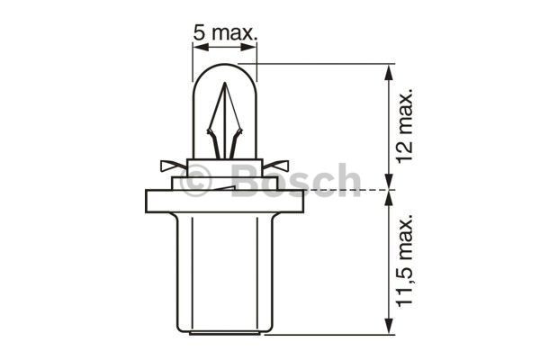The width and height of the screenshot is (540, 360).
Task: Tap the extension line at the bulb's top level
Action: [324, 64]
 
